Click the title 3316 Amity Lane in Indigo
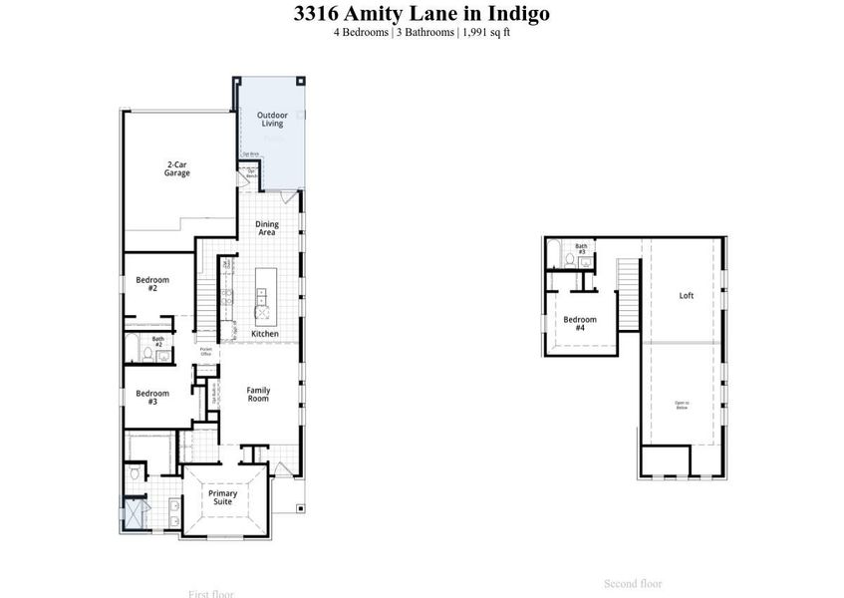pyautogui.click(x=422, y=14)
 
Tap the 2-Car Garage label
pyautogui.click(x=177, y=168)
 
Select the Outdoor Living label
pyautogui.click(x=272, y=120)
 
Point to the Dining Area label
pyautogui.click(x=266, y=228)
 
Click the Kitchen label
pyautogui.click(x=265, y=333)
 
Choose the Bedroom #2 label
pyautogui.click(x=152, y=284)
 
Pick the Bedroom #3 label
pyautogui.click(x=152, y=397)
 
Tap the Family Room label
pyautogui.click(x=258, y=394)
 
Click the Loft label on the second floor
pyautogui.click(x=686, y=295)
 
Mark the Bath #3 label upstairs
pyautogui.click(x=581, y=248)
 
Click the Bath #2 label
pyautogui.click(x=157, y=342)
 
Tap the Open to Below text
pyautogui.click(x=682, y=405)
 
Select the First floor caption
pyautogui.click(x=210, y=594)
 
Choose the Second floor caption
pyautogui.click(x=633, y=583)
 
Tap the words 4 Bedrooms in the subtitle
pyautogui.click(x=362, y=32)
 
